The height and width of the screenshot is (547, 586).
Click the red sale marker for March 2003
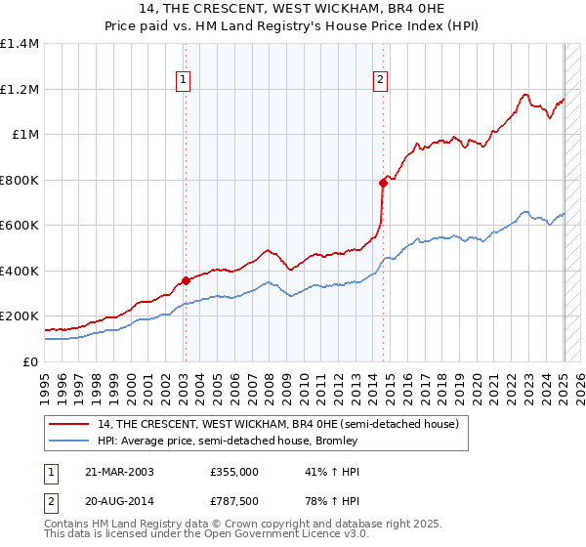pos(186,281)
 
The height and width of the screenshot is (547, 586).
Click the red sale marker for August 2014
pos(383,183)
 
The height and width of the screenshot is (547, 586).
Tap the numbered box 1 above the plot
pos(184,81)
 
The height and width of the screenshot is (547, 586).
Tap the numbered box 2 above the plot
pos(380,81)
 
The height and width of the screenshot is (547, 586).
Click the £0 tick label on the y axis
pos(29,361)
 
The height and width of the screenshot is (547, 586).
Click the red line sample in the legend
pos(70,423)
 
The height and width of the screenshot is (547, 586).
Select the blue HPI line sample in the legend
pos(70,441)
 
